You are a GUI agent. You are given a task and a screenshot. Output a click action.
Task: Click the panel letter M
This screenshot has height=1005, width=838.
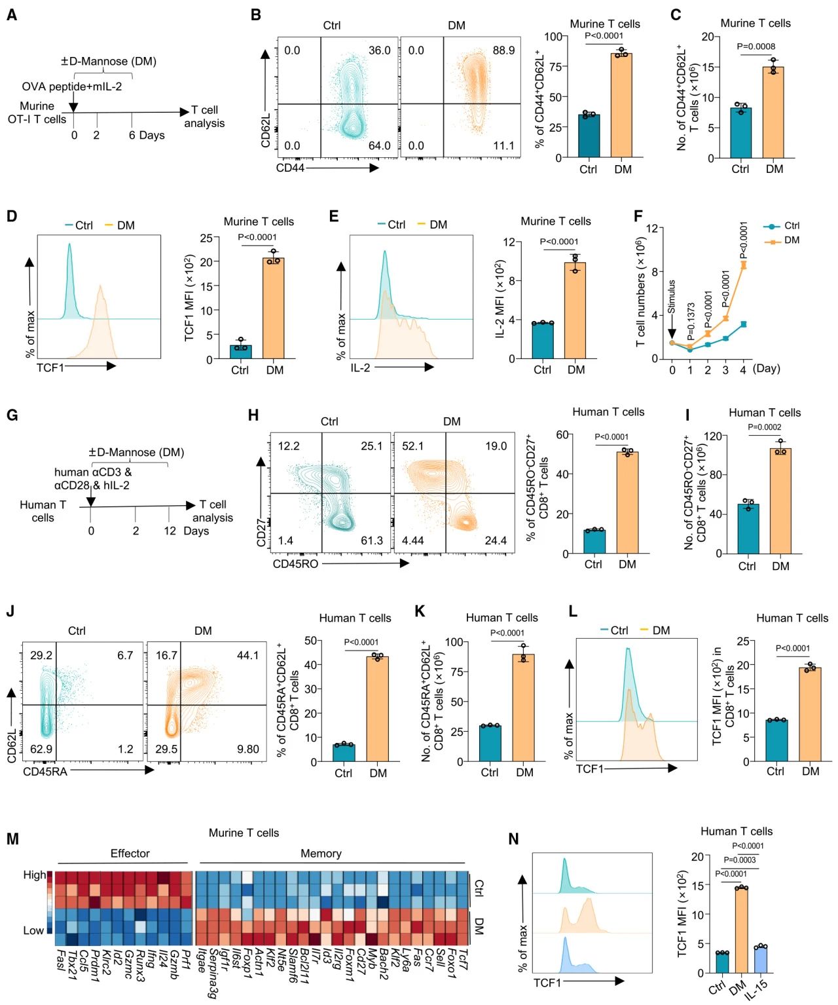coord(12,839)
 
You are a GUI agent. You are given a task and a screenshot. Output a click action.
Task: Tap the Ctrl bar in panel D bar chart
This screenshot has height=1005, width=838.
coord(240,352)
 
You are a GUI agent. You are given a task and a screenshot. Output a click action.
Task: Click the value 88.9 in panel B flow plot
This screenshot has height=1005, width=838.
coord(503,50)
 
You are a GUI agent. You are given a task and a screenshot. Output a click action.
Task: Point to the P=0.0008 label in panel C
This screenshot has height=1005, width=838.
coord(756,47)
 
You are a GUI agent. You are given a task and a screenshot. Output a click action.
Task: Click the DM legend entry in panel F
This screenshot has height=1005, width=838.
coord(792,240)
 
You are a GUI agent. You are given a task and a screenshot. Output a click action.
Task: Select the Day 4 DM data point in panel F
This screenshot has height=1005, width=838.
coord(743,265)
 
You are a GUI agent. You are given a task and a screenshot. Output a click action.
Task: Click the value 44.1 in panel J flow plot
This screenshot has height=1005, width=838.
coord(247,655)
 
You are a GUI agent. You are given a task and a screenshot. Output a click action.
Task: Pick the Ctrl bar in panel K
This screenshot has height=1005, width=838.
coord(490,743)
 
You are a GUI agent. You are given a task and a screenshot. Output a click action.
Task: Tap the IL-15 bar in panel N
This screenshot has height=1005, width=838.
coord(759,960)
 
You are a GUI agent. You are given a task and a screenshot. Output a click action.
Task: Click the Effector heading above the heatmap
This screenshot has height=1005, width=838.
coord(130,854)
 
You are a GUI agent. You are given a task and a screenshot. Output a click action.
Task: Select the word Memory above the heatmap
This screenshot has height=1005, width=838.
coord(320,854)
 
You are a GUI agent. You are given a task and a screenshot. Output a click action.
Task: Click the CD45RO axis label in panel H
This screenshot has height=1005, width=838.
coord(295,563)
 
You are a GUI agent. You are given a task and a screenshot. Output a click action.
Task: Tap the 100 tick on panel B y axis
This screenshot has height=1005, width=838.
coord(553,37)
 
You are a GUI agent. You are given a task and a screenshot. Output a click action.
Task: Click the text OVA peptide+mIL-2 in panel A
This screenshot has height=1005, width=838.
coord(71,86)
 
